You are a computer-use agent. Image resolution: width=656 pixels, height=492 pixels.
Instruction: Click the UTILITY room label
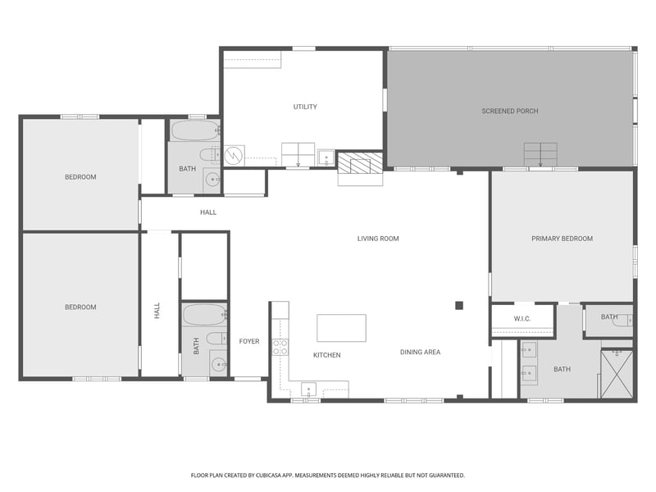(305, 107)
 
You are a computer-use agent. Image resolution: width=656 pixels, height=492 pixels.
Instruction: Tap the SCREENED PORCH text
(510, 111)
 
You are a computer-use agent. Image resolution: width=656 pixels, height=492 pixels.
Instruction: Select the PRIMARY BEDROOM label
(562, 239)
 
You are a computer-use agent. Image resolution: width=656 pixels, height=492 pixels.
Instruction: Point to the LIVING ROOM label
(378, 239)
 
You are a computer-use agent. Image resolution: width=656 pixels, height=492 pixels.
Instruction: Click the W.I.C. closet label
(523, 318)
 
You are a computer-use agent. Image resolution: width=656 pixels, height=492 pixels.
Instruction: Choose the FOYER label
(249, 341)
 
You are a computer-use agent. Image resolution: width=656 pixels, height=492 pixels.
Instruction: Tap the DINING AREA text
(420, 353)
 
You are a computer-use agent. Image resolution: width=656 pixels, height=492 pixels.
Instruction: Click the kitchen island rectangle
(341, 328)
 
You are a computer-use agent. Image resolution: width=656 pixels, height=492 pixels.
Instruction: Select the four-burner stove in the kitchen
(280, 346)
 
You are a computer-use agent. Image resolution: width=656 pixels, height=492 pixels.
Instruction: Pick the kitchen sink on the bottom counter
(309, 389)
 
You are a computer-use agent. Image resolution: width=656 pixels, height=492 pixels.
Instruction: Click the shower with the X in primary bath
(617, 375)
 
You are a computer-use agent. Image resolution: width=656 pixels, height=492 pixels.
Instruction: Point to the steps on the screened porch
(540, 154)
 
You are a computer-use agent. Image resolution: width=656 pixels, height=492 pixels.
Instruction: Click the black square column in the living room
(459, 306)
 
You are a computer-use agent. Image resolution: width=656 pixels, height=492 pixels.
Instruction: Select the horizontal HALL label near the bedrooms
(208, 212)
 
